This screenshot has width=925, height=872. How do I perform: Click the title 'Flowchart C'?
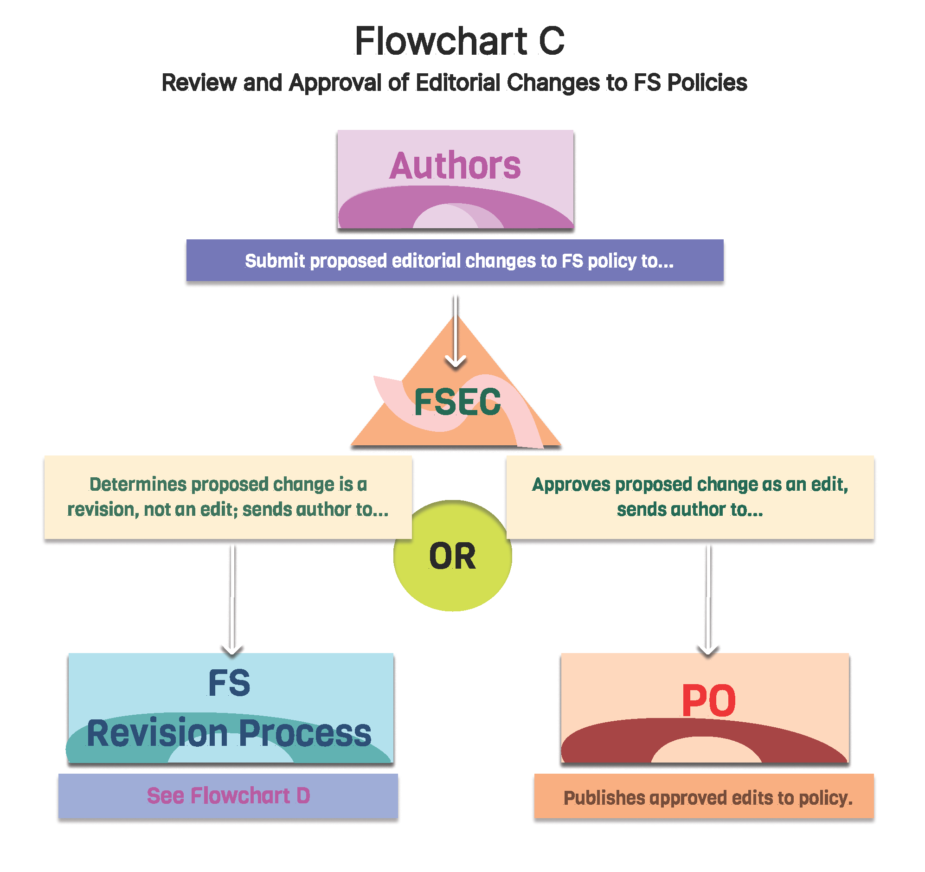(x=459, y=41)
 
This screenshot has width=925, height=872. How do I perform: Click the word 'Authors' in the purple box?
(x=455, y=166)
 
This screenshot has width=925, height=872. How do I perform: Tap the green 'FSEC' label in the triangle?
(x=457, y=402)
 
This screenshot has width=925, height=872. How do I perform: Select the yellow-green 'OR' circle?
(x=452, y=557)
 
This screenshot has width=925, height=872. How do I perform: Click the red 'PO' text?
(x=708, y=701)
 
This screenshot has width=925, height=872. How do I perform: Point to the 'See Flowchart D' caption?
(x=228, y=796)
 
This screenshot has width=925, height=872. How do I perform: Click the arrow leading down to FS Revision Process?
(x=232, y=600)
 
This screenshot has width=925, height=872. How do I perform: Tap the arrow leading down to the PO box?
(x=708, y=600)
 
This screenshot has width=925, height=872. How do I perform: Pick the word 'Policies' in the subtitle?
(x=707, y=83)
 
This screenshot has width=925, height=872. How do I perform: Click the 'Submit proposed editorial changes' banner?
(x=455, y=261)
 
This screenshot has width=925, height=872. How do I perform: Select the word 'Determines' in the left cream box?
(x=138, y=484)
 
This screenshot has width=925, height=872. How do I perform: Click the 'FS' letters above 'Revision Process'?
(x=229, y=683)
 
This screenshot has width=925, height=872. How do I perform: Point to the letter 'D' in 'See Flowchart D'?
(x=303, y=796)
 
